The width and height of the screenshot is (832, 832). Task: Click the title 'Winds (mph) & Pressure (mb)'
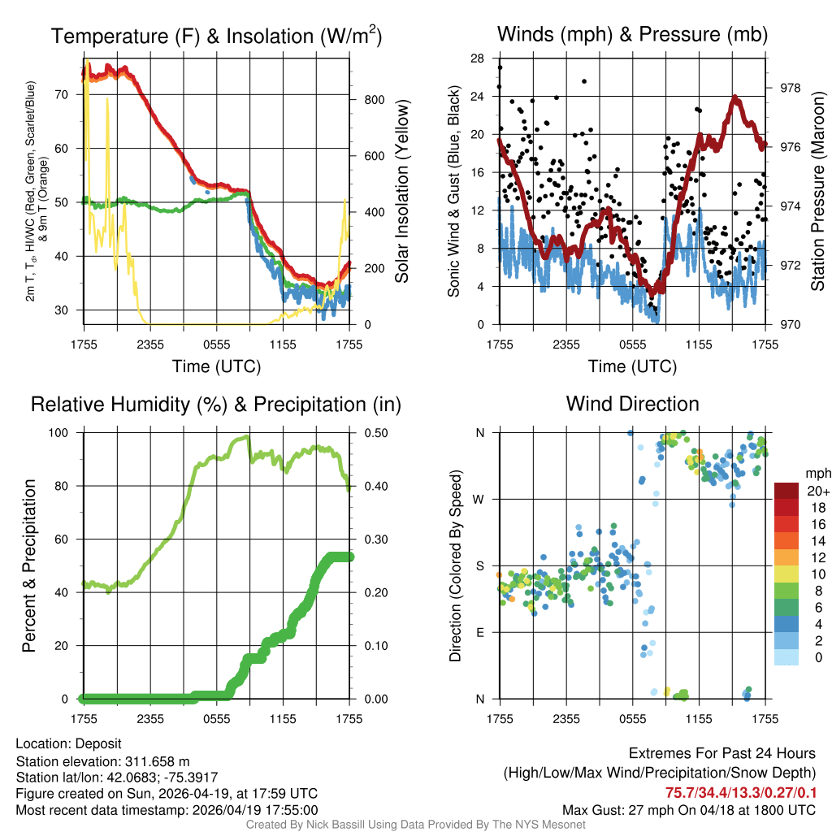click(632, 35)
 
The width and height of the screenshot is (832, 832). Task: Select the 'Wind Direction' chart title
click(632, 404)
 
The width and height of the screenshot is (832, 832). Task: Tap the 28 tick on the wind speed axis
click(477, 58)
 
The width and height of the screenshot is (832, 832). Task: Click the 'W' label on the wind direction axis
click(480, 500)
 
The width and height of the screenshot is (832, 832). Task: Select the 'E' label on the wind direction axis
click(480, 632)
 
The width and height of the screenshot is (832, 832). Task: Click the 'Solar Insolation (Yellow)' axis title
click(401, 190)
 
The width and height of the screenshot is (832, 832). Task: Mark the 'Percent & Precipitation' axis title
click(28, 565)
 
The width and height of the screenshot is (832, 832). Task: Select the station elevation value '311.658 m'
click(157, 761)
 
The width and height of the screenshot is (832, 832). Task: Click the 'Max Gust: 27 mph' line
click(689, 810)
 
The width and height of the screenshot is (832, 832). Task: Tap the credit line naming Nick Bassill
click(416, 825)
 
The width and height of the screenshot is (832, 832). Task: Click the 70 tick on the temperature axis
click(61, 94)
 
